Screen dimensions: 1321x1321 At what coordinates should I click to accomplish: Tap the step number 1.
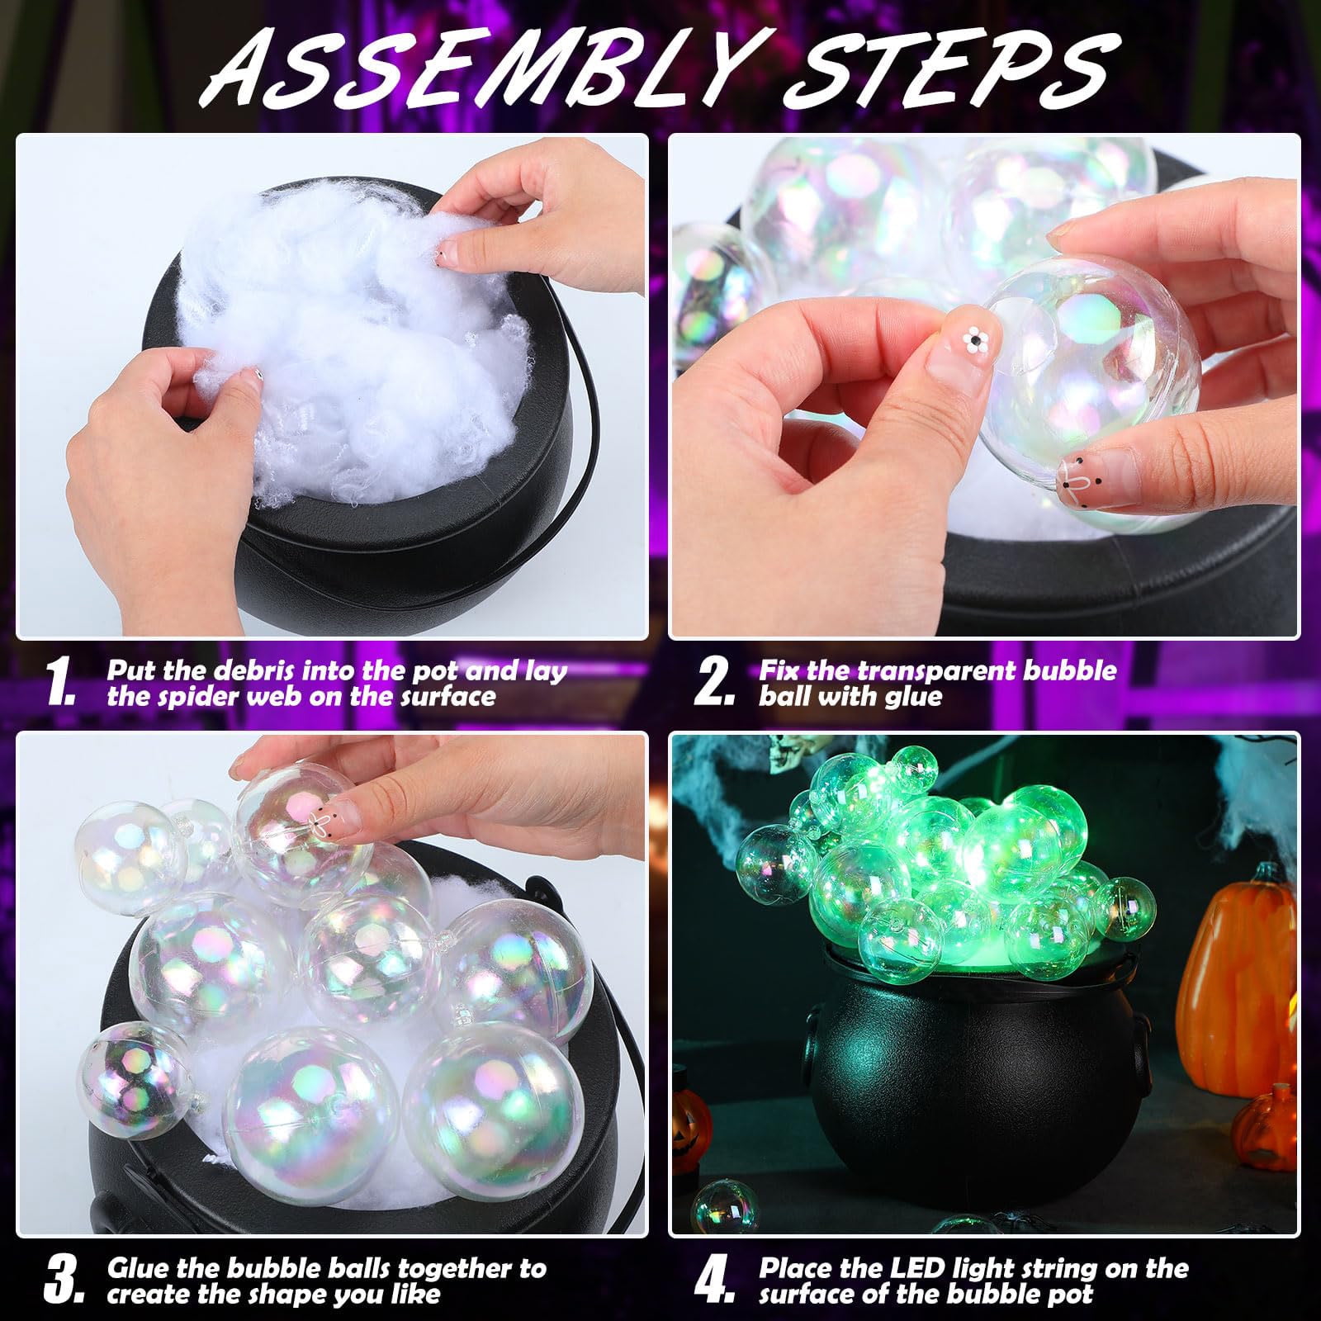pos(61,685)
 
